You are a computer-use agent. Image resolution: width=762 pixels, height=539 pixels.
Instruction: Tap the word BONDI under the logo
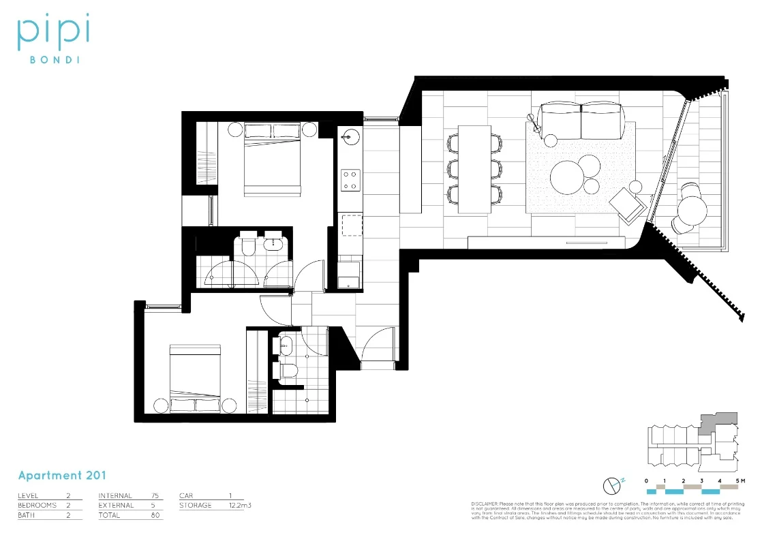53,59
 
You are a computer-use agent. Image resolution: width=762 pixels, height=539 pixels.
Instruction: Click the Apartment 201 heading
62,475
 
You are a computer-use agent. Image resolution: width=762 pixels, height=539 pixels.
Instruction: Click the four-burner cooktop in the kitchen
350,179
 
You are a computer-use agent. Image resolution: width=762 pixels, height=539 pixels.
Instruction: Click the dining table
475,167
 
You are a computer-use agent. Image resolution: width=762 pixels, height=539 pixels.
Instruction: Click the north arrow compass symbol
611,485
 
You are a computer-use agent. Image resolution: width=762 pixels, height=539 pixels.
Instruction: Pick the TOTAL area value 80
155,516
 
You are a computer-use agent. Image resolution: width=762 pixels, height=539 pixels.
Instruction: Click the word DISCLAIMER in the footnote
485,503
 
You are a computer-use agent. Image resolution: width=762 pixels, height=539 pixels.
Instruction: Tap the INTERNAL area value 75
155,495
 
